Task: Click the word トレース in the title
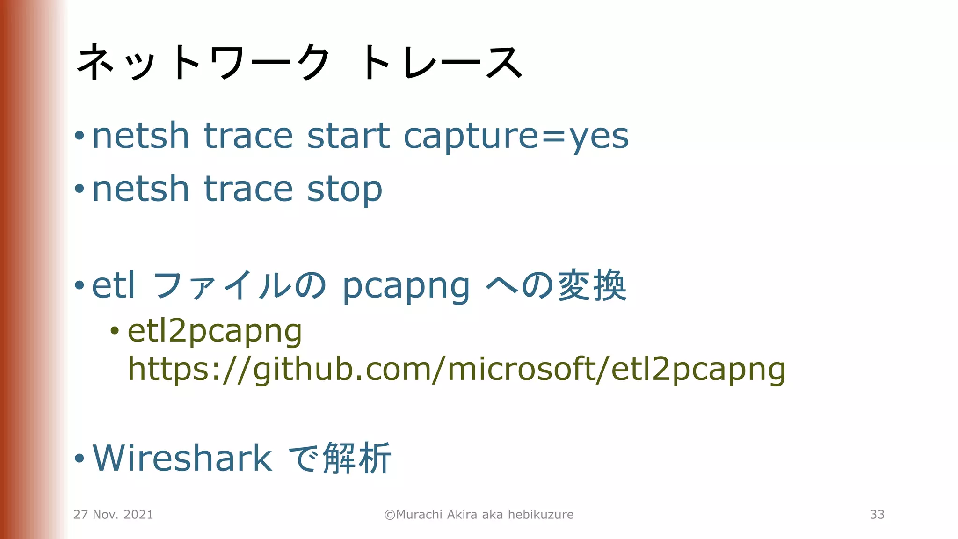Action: tap(441, 63)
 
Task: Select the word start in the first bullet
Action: tap(348, 136)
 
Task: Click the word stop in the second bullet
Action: tap(344, 189)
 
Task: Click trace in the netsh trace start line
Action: tap(248, 136)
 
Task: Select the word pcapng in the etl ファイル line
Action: tap(406, 286)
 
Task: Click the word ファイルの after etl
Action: tap(239, 285)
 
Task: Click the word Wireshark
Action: tap(182, 458)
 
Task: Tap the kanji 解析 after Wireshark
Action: tap(357, 458)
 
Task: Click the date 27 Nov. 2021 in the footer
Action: tap(113, 515)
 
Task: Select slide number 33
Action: tap(877, 515)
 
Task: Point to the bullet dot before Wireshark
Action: tap(80, 459)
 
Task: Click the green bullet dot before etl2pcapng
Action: tap(115, 331)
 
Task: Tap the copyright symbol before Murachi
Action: tap(390, 515)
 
